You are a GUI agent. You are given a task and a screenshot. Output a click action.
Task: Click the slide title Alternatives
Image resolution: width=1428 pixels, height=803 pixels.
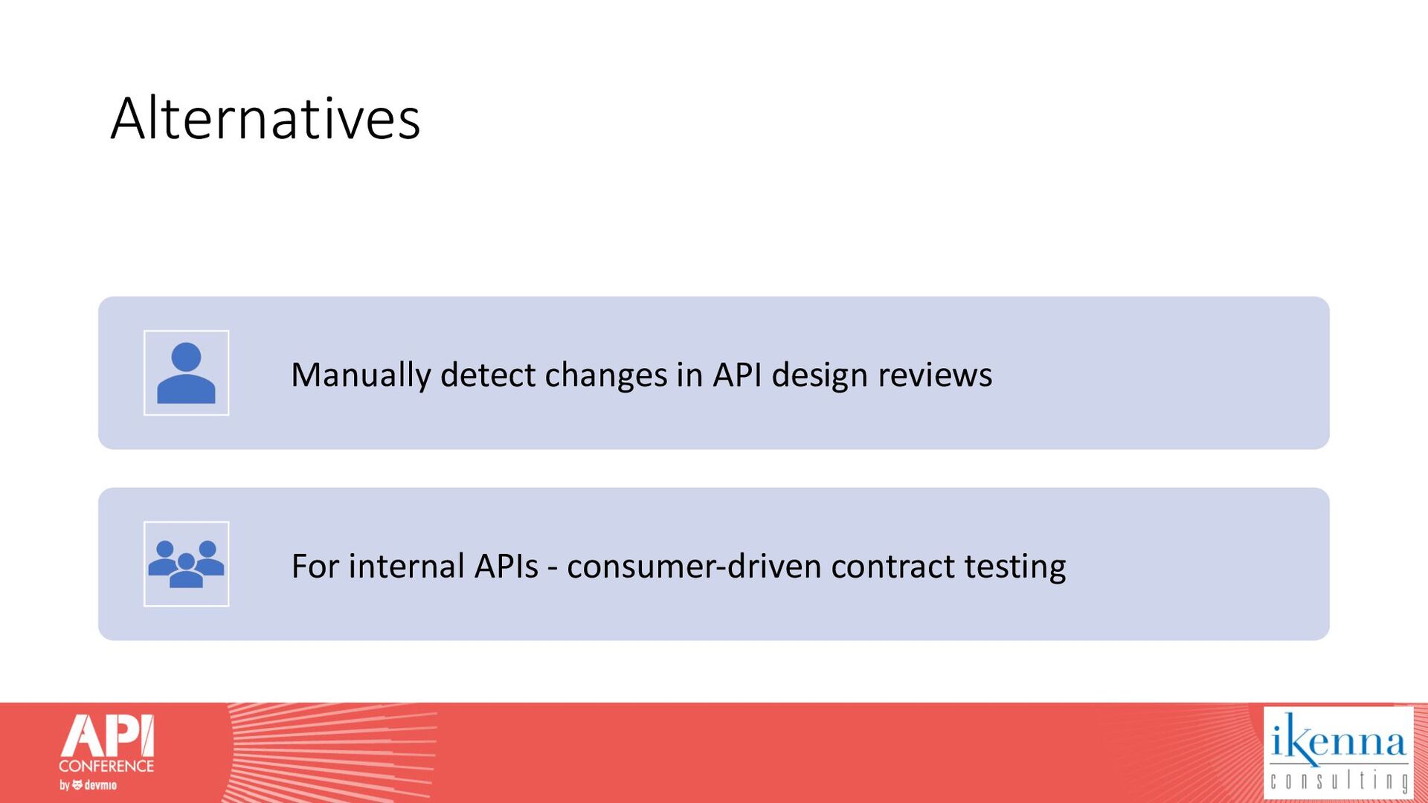266,118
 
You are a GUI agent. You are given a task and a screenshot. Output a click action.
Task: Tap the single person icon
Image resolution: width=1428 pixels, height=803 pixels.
186,373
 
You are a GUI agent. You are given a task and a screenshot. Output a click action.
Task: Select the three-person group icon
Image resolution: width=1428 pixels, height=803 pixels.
186,564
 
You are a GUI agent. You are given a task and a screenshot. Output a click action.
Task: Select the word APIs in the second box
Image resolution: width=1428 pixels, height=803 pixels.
506,566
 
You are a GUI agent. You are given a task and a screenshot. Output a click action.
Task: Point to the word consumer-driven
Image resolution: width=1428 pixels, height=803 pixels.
694,566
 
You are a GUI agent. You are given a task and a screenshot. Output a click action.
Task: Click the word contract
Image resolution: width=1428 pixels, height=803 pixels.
893,567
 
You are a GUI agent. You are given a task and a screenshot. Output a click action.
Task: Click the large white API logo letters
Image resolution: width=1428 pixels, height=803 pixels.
107,736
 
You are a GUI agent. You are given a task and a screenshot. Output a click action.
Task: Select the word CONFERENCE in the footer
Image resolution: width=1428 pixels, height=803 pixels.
106,766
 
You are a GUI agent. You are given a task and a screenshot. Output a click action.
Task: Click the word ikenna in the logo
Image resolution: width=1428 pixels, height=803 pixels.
1338,739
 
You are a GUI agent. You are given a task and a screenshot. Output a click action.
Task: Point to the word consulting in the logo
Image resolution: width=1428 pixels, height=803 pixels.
1339,781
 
